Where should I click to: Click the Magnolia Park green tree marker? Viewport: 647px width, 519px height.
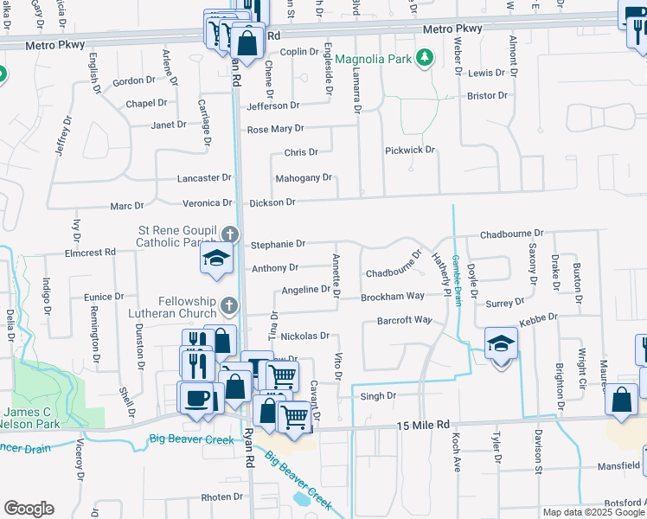(424, 59)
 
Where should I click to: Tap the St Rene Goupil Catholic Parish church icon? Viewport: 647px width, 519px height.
(230, 234)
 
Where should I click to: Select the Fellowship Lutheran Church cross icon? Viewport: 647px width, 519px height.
(228, 304)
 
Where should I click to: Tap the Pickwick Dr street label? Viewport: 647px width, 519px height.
(409, 151)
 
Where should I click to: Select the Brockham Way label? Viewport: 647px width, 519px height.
(393, 296)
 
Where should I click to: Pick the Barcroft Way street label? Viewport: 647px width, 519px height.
(403, 320)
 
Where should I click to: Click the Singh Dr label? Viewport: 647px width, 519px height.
(377, 396)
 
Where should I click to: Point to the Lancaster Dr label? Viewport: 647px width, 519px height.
(204, 177)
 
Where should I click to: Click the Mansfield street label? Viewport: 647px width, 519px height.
(619, 465)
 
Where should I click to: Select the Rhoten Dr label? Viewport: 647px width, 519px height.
(222, 497)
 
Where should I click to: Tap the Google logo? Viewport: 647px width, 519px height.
(29, 509)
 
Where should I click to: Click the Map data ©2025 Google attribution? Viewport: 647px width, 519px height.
(593, 512)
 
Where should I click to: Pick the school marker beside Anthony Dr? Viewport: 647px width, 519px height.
(216, 259)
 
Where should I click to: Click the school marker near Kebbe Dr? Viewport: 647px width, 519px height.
(501, 343)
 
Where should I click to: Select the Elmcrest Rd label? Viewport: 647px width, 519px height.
(90, 253)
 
